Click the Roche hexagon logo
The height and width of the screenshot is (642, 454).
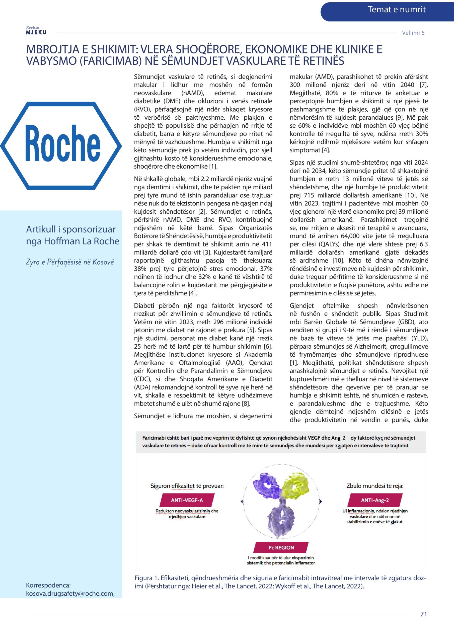(61, 146)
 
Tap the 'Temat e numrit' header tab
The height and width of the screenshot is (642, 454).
(396, 10)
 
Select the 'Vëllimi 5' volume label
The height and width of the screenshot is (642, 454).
(413, 33)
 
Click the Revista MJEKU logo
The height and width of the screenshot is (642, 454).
(36, 31)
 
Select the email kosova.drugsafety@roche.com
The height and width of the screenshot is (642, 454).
(70, 593)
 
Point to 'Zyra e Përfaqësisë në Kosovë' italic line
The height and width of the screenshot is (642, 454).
(70, 262)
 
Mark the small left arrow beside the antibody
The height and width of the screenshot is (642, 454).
(242, 501)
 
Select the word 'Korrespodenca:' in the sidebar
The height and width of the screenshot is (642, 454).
(48, 585)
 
